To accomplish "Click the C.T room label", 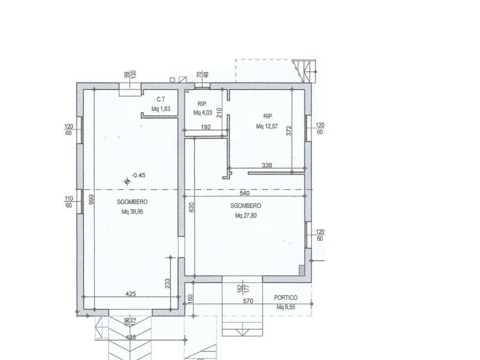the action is click(161, 99).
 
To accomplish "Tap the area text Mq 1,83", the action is click(161, 109).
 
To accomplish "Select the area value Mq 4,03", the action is click(202, 112).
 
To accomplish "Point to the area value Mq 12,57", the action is click(267, 126).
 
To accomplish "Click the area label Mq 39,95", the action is click(132, 211).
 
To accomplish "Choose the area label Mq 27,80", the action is click(246, 216).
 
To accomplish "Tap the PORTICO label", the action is click(285, 298).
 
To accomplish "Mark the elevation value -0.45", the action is click(138, 175).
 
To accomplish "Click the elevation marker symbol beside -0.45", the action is click(127, 182).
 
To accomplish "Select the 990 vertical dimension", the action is click(91, 200).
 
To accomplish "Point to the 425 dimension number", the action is click(131, 294).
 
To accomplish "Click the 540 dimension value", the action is click(245, 193).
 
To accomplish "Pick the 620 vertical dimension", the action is click(192, 208).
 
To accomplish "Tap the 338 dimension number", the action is click(267, 165).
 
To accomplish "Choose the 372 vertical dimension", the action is click(289, 131).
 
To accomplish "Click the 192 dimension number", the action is click(206, 127).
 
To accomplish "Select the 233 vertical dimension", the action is click(167, 284).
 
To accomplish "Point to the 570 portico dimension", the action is click(248, 301).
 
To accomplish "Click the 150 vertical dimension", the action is click(190, 299).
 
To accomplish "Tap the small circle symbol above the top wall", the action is click(172, 80).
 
